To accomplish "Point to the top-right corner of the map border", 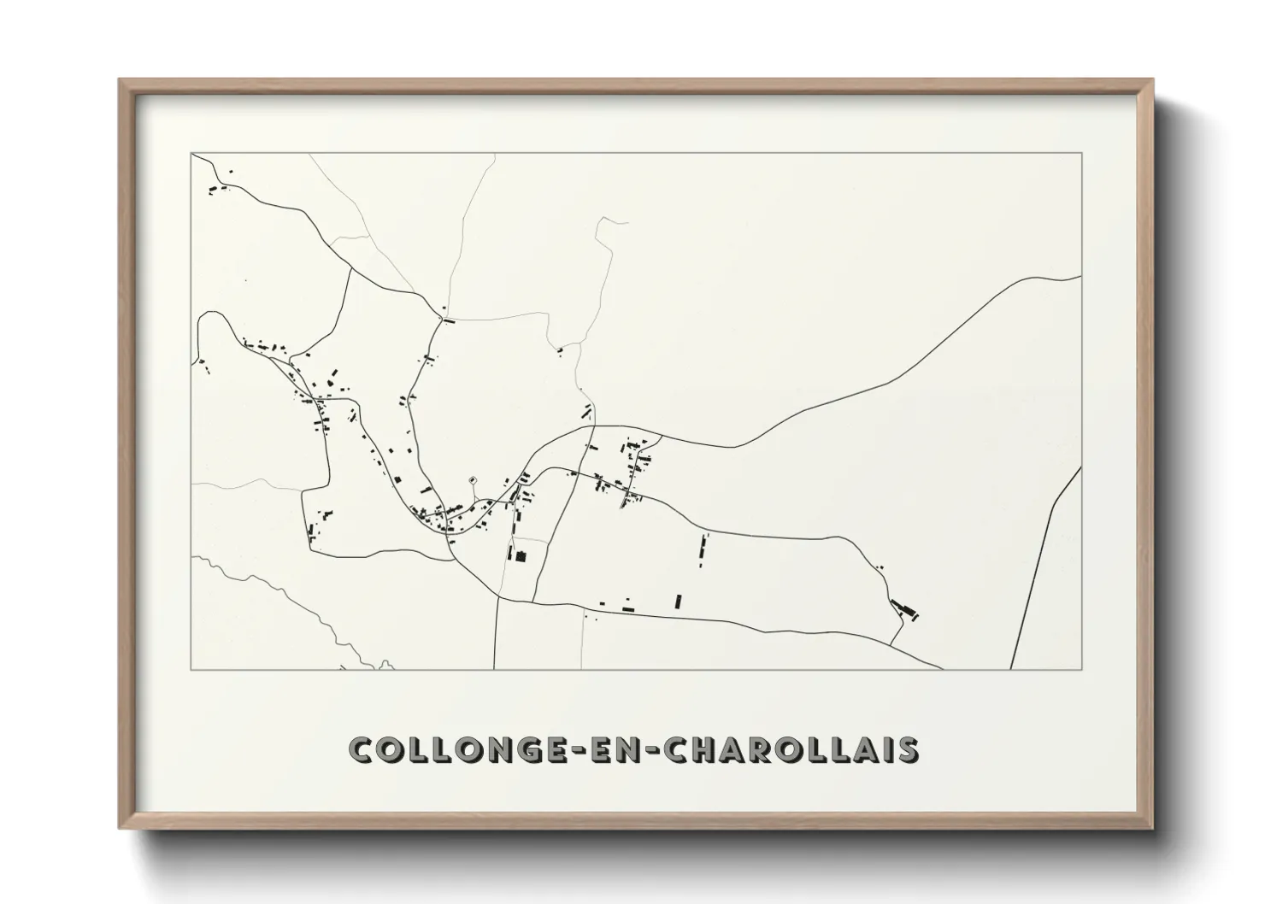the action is (1081, 153).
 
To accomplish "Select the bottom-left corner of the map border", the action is (191, 669).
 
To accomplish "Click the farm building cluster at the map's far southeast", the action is (904, 609).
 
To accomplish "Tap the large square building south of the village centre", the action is (518, 556).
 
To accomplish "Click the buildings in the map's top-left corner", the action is (219, 188).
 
